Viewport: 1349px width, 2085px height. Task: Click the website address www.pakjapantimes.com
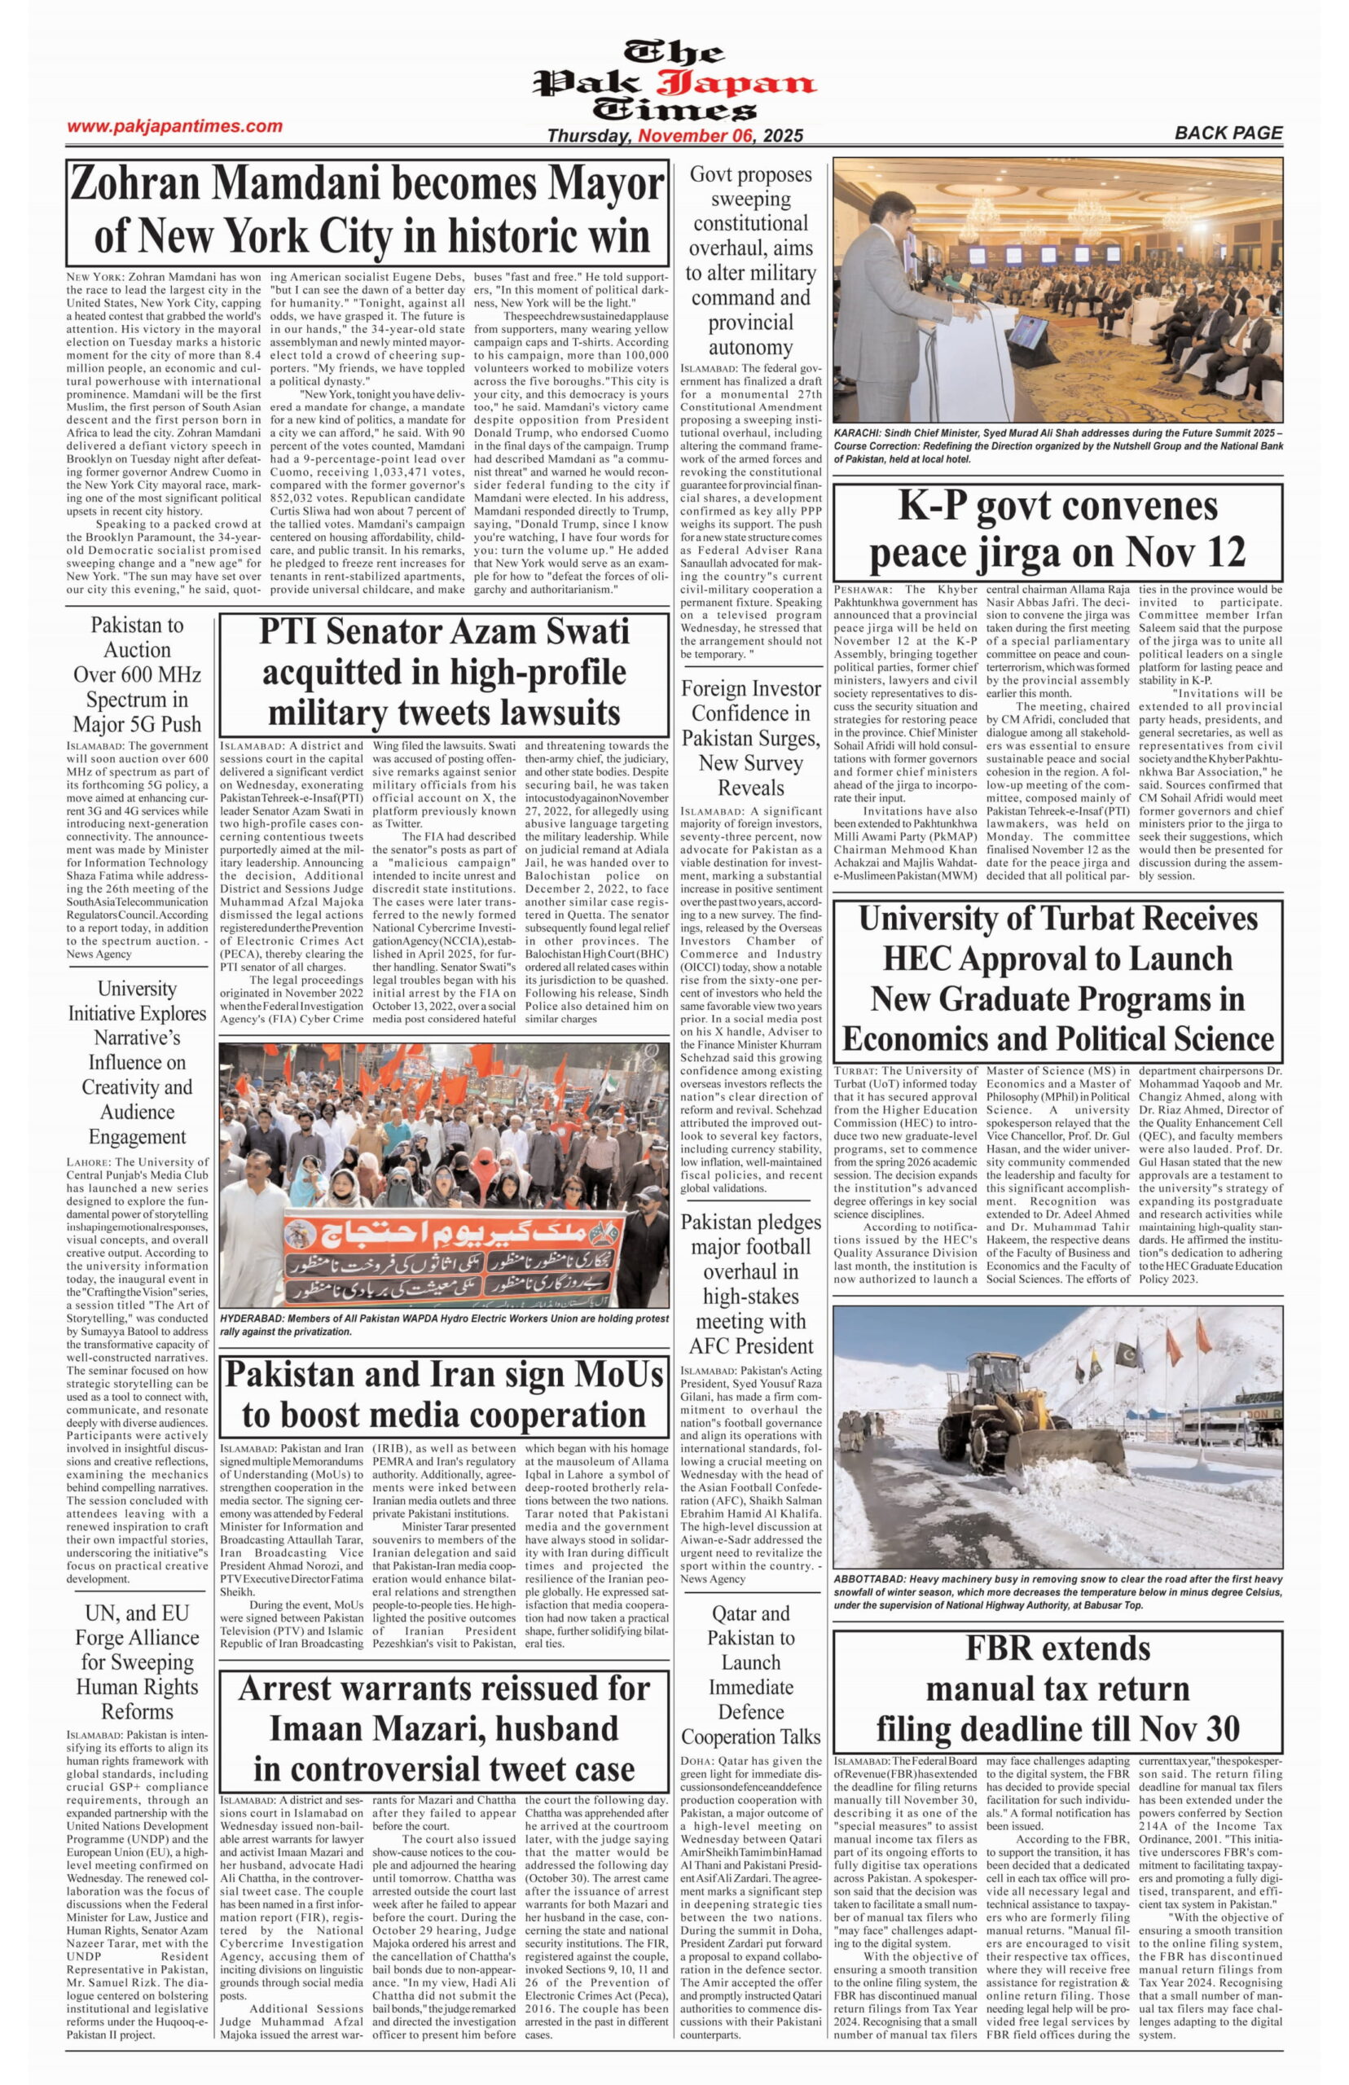174,126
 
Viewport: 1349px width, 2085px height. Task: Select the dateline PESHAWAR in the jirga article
863,590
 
